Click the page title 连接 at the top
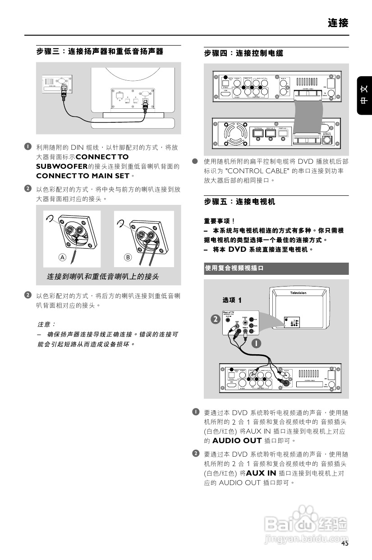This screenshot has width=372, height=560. [338, 23]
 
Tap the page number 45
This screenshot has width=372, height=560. [344, 543]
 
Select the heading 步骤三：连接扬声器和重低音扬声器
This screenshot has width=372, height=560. [100, 52]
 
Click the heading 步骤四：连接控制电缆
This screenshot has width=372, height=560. [243, 54]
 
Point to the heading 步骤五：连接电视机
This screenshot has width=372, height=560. [239, 202]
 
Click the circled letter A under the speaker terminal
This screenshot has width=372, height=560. [63, 257]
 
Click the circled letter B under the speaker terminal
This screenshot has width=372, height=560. [128, 257]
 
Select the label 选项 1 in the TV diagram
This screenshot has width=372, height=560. [232, 300]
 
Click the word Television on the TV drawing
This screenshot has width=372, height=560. [298, 293]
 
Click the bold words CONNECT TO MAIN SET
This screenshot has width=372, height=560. [83, 176]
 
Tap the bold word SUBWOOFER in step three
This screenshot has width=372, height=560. [62, 167]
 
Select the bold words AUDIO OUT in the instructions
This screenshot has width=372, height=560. [237, 440]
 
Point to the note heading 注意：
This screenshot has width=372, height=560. [46, 324]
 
